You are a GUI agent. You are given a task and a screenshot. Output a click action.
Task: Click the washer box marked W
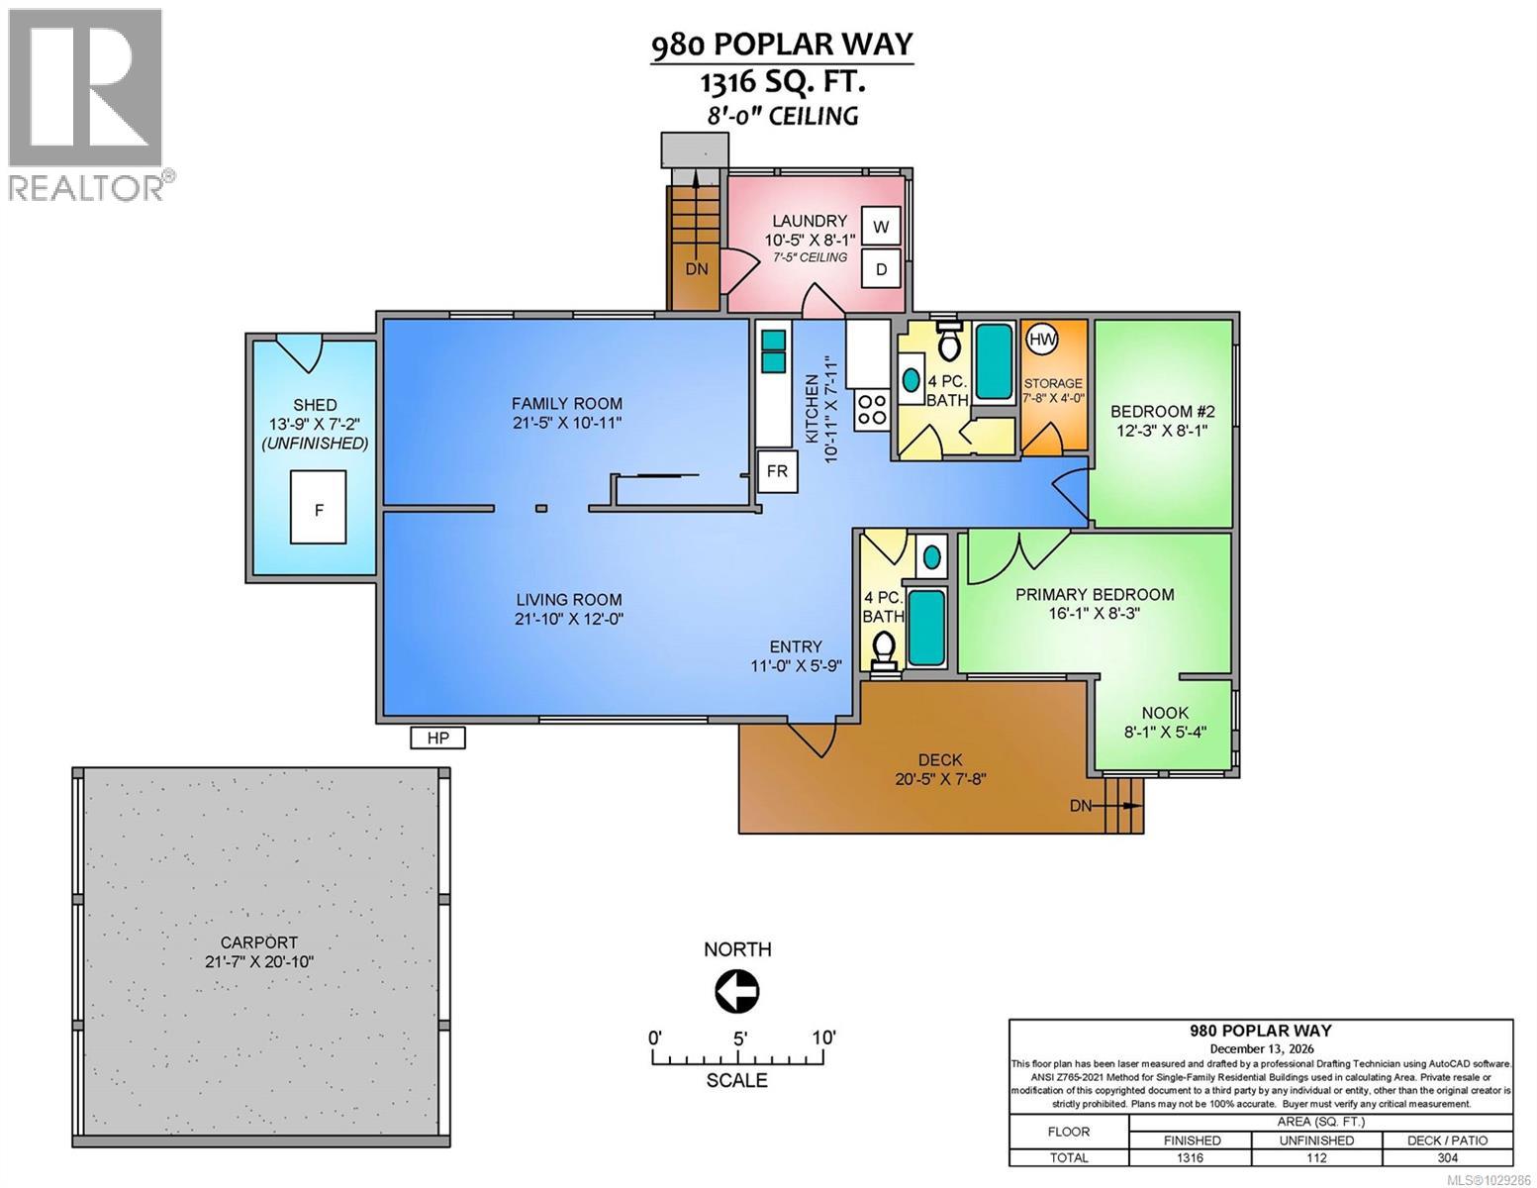880,227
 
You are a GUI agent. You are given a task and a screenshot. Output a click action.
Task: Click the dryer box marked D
880,268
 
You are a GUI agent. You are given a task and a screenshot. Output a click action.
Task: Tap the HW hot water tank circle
1042,340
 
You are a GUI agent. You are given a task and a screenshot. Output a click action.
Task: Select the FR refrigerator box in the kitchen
777,471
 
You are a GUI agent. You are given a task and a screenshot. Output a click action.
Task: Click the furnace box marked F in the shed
318,508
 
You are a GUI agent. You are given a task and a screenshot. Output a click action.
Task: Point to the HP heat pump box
437,738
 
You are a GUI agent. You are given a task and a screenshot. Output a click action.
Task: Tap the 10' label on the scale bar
822,1038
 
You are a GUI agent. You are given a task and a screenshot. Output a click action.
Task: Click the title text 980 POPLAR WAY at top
781,46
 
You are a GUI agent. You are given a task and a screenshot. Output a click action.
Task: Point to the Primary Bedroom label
1095,594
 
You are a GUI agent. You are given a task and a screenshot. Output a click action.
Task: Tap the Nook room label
1165,713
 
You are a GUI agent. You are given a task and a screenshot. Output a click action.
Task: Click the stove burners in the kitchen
873,409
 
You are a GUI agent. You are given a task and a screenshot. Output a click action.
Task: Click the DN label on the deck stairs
1081,806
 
